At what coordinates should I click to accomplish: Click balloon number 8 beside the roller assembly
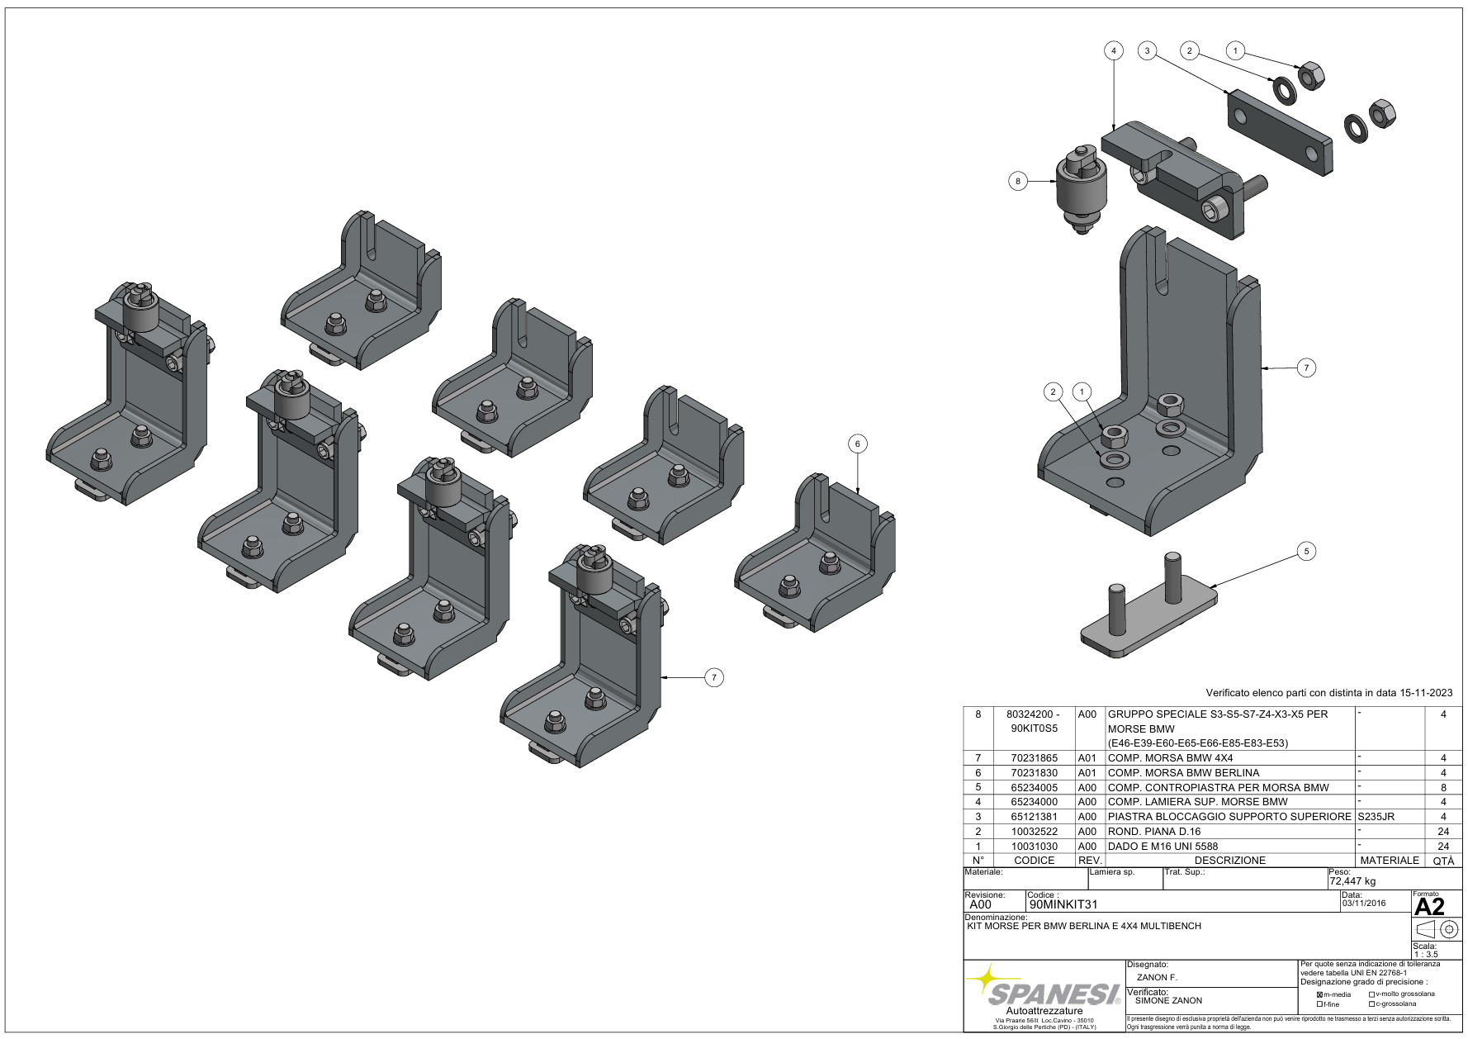[x=1018, y=181]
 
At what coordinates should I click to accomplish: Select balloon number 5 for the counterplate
[x=1306, y=551]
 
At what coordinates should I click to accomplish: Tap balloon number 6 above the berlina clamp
[x=857, y=444]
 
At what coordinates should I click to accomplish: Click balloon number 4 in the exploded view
[x=1113, y=50]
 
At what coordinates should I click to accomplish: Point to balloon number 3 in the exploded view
[x=1147, y=50]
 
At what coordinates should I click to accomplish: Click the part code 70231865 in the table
[x=1034, y=757]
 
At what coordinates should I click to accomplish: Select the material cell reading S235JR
[x=1376, y=816]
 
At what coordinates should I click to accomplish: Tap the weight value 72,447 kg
[x=1352, y=880]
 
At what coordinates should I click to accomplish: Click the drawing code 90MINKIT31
[x=1063, y=904]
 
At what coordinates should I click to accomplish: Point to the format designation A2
[x=1429, y=907]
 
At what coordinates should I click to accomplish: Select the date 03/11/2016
[x=1364, y=903]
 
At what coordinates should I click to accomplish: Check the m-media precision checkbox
[x=1319, y=994]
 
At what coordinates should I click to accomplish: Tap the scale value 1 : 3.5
[x=1426, y=954]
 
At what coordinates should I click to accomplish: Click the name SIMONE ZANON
[x=1168, y=1000]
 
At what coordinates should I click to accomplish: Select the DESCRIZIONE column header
[x=1229, y=860]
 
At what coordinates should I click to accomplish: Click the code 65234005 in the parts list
[x=1034, y=787]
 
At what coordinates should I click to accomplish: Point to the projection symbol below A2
[x=1436, y=930]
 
